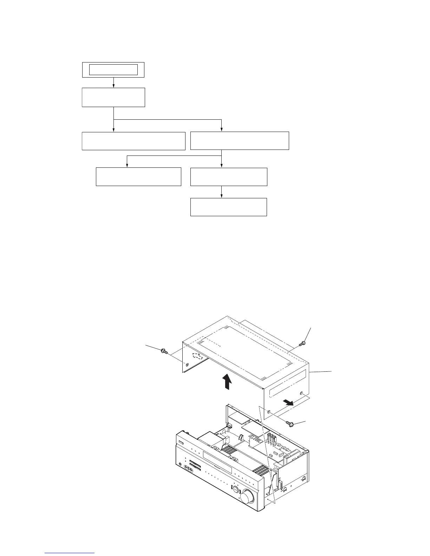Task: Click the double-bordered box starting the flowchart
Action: (113, 70)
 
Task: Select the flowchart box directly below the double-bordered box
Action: (113, 97)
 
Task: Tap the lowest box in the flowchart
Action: (228, 207)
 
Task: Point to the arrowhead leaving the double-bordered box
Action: (113, 86)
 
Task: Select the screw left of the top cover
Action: (164, 351)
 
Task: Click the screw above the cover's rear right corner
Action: (301, 344)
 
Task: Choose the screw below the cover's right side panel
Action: (290, 424)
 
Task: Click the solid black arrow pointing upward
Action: (228, 382)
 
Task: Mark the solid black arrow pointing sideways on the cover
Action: (289, 402)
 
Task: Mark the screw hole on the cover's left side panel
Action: (186, 365)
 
